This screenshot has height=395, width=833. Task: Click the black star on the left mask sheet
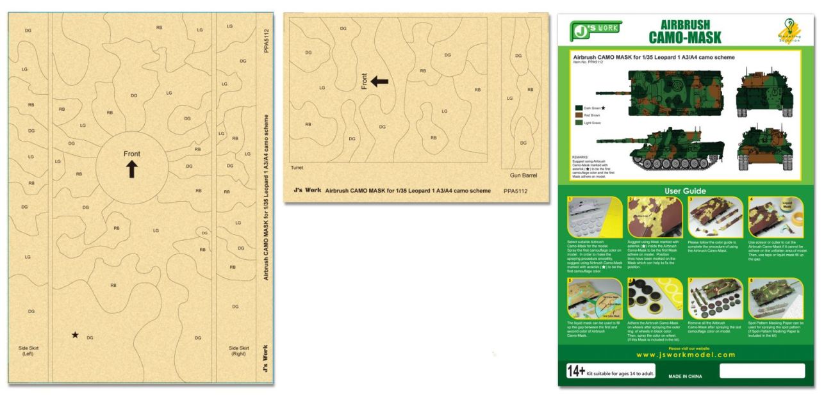(76, 335)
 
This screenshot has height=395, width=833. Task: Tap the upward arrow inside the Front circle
(132, 169)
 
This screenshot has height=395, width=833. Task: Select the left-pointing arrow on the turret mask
(379, 81)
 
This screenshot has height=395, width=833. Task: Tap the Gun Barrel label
(524, 175)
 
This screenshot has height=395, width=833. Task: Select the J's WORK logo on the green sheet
(597, 29)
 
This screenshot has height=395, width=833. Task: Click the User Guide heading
(685, 191)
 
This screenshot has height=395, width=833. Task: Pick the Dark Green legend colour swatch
(579, 109)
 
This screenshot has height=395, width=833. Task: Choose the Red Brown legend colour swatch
(579, 116)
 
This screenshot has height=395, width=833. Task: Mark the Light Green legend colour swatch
(579, 123)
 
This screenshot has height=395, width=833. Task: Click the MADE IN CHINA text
(685, 375)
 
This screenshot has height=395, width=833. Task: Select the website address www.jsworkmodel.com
(685, 355)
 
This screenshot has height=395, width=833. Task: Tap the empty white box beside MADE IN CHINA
(761, 371)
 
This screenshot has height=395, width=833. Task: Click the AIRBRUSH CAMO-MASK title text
(685, 31)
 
